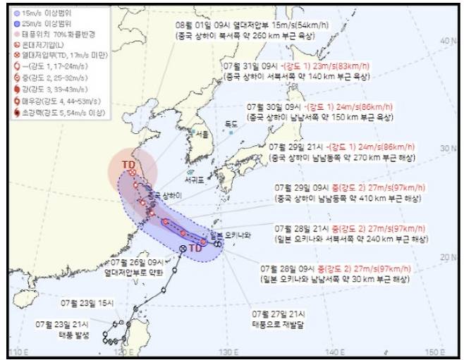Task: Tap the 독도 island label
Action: pos(231,124)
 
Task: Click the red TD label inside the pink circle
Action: pos(129,165)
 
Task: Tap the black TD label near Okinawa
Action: pos(196,249)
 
